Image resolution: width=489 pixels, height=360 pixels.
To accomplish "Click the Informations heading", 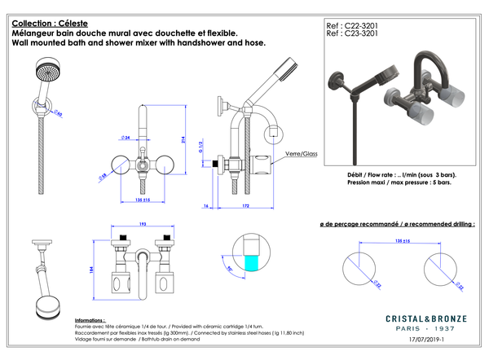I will coord(90,321).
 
